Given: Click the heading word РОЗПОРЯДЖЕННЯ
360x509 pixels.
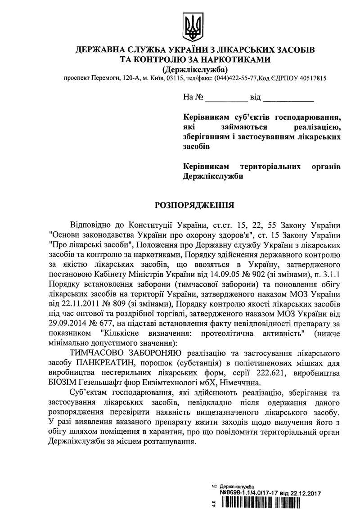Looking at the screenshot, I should click(194, 205).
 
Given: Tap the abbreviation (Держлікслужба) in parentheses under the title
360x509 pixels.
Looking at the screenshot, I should click(195, 69).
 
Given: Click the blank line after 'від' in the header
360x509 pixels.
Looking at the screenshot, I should click(288, 98).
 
